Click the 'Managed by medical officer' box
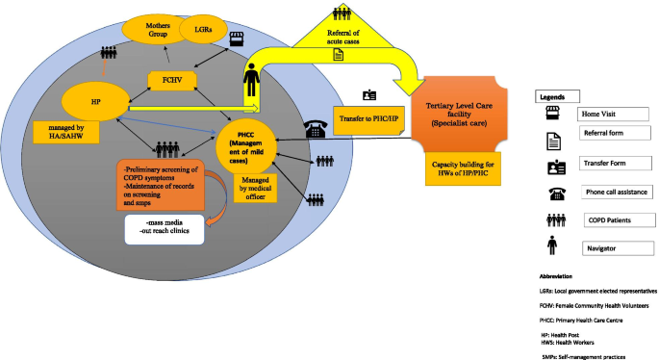click(253, 187)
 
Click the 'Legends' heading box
click(558, 96)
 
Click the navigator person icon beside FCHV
click(251, 78)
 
